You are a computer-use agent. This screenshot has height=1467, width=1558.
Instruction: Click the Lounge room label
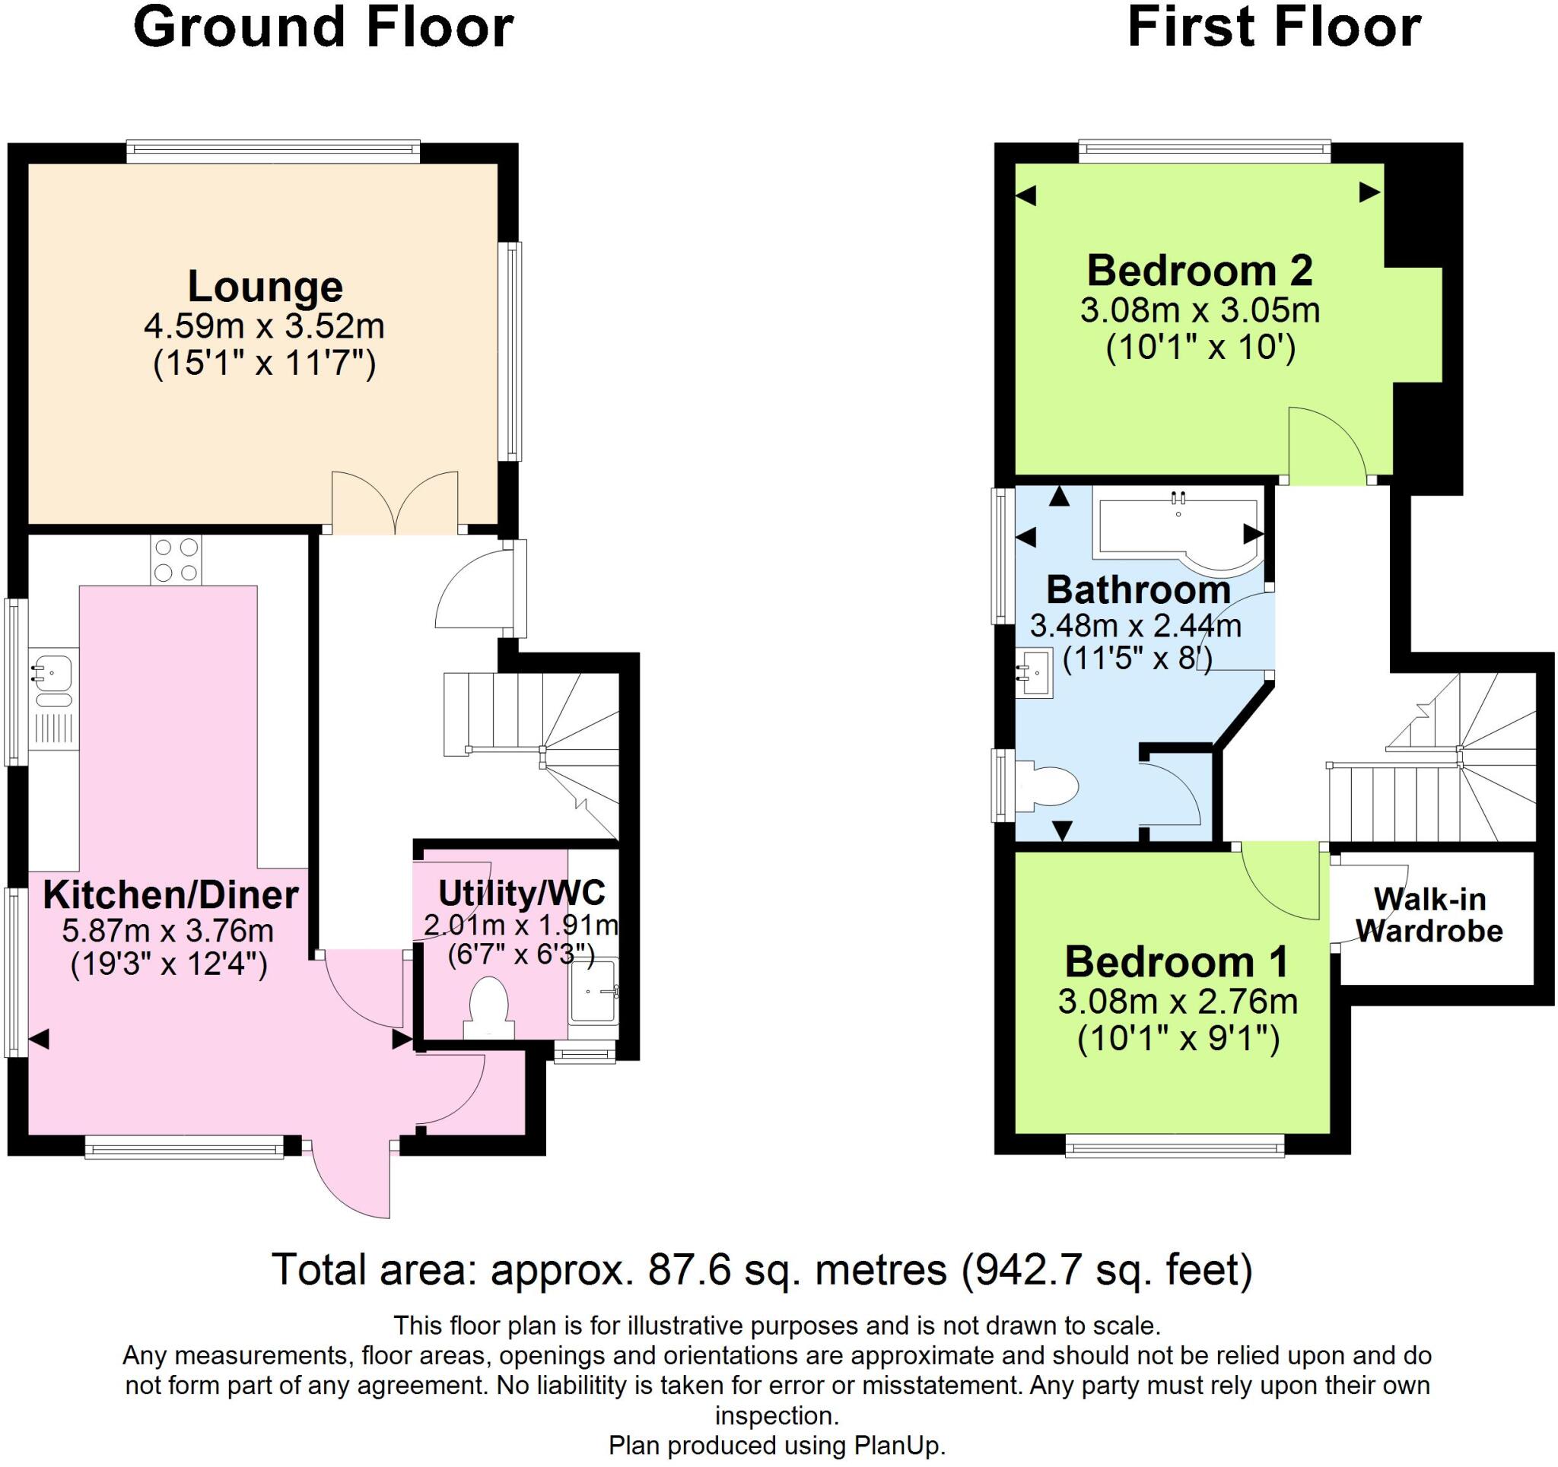pyautogui.click(x=265, y=287)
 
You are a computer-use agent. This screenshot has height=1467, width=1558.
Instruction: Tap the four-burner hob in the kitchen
pyautogui.click(x=176, y=560)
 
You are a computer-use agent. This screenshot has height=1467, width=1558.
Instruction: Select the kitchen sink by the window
pyautogui.click(x=53, y=672)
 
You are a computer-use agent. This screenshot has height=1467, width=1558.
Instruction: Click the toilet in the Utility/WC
pyautogui.click(x=489, y=1006)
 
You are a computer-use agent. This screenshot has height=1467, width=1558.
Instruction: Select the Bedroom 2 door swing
pyautogui.click(x=1328, y=445)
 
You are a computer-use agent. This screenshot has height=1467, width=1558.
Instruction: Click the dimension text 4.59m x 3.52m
pyautogui.click(x=264, y=326)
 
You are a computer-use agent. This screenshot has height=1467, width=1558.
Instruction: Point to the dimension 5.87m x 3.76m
pyautogui.click(x=167, y=931)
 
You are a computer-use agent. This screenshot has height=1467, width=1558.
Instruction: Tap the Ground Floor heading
pyautogui.click(x=323, y=28)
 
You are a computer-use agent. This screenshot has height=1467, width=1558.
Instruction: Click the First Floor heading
pyautogui.click(x=1273, y=28)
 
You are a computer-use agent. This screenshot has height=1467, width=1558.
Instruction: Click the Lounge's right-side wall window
pyautogui.click(x=513, y=351)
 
